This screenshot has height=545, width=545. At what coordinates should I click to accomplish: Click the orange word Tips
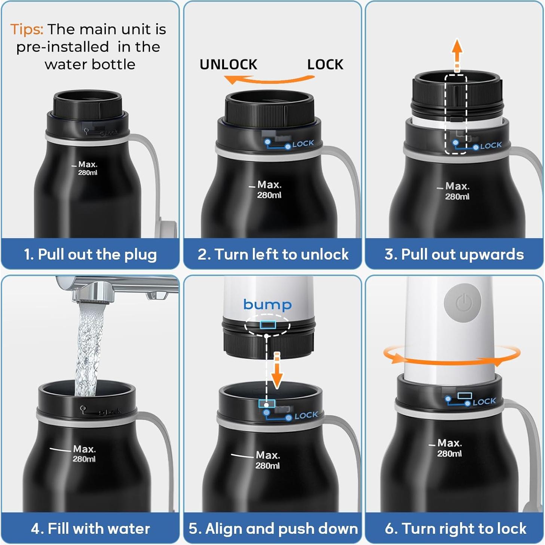coord(27,29)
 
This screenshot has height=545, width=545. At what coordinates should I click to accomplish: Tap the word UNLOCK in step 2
coord(229,64)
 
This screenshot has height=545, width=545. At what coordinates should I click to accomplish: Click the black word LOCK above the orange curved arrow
coord(325,64)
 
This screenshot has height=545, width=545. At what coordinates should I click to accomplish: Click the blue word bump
coord(267,304)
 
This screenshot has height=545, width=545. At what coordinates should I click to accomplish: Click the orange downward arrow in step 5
coord(277,371)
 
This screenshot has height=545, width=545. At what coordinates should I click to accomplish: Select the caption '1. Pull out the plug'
coord(90,254)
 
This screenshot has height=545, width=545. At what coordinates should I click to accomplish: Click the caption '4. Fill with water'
coord(91,528)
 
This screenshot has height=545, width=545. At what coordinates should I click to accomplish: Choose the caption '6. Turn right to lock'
coord(456,528)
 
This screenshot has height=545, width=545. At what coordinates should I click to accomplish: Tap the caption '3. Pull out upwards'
coord(454,254)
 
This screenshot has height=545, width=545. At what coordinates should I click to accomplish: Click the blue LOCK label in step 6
coord(484,401)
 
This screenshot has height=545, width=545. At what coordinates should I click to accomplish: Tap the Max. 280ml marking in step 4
coord(84,454)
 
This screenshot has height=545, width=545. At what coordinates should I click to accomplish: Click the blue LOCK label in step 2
coord(303,144)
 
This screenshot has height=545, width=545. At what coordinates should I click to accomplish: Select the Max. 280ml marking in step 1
coord(88,168)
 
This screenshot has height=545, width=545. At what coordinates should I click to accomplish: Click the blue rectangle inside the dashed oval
coord(267,324)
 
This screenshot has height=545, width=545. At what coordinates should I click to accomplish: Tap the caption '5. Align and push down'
coord(273,528)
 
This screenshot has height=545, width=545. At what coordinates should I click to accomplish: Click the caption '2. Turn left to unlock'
coord(273,254)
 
